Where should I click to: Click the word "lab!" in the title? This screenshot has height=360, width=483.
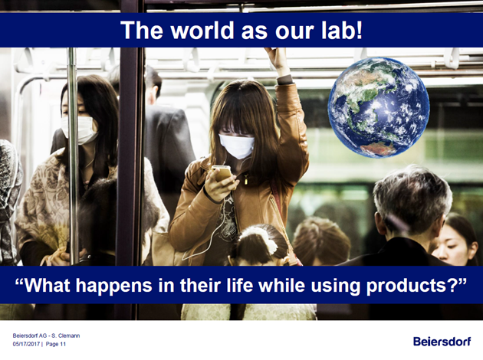(x=342, y=30)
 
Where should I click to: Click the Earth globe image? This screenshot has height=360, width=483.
(x=379, y=107)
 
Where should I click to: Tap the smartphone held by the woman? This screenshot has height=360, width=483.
(x=222, y=173)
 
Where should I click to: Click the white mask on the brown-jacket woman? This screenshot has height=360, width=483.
(x=237, y=146)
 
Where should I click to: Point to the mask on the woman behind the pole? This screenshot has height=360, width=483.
(x=79, y=129)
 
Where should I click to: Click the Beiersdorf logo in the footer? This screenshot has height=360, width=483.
(x=442, y=342)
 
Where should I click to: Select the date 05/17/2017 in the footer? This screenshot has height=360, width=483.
(x=26, y=344)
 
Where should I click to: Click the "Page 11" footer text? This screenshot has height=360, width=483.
(x=56, y=344)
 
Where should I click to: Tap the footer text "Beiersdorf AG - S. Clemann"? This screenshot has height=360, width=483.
(x=46, y=335)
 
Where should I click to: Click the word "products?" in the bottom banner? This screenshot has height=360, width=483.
(x=416, y=286)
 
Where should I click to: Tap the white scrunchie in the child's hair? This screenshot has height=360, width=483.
(x=262, y=238)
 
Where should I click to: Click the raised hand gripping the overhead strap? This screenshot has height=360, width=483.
(x=278, y=61)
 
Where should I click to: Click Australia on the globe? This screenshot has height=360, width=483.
(x=378, y=149)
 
